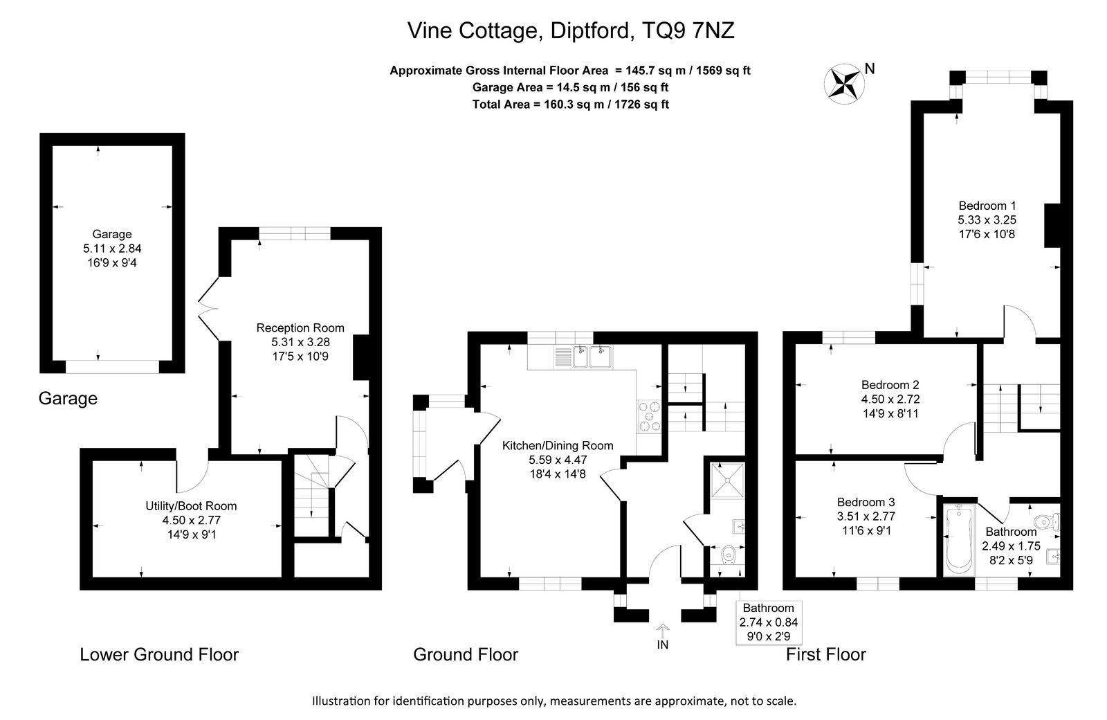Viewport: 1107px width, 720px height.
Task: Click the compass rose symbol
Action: point(844,84)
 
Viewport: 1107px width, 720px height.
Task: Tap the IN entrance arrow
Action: point(663,631)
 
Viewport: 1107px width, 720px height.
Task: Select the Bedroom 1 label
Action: point(987,206)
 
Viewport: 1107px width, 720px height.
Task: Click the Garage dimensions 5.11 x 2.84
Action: point(112,249)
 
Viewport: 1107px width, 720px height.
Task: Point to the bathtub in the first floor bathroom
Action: point(959,540)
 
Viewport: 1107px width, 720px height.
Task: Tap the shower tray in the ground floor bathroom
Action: point(726,480)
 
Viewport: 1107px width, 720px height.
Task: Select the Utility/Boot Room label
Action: point(191,506)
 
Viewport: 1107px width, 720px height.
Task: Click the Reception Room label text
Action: point(300,328)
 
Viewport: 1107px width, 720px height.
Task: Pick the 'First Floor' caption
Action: point(826,655)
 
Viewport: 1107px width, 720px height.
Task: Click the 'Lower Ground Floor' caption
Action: point(159,655)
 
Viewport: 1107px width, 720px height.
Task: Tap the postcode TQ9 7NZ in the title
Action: point(688,30)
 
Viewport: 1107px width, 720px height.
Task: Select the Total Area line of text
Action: point(571,105)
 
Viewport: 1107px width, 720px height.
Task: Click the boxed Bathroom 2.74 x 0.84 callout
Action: point(769,622)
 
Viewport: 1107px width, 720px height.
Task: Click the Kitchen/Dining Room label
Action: point(558,446)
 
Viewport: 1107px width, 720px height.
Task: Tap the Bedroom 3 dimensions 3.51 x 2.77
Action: point(866,516)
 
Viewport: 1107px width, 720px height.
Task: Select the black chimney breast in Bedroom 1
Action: point(1052,226)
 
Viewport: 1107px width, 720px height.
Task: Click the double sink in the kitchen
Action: point(592,357)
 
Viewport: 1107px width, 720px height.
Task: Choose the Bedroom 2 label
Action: point(890,385)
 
